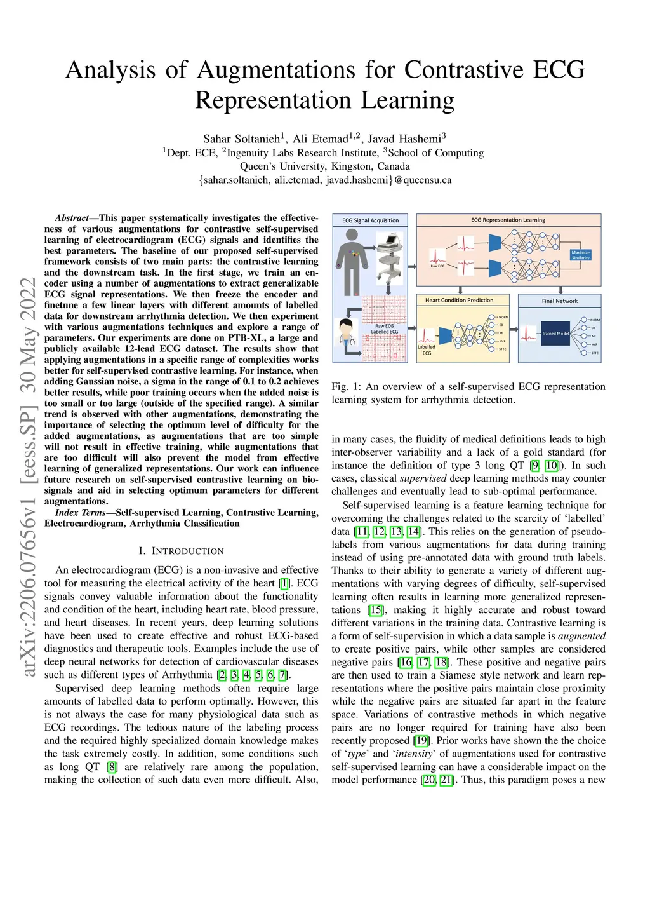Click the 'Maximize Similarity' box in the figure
pyautogui.click(x=580, y=255)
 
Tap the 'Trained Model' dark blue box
pyautogui.click(x=555, y=334)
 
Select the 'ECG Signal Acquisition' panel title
pyautogui.click(x=371, y=220)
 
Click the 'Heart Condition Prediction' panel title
pyautogui.click(x=459, y=300)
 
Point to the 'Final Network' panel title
pyautogui.click(x=559, y=301)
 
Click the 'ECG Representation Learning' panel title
pyautogui.click(x=508, y=220)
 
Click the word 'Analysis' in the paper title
pyautogui.click(x=110, y=70)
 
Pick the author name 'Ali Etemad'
pyautogui.click(x=321, y=139)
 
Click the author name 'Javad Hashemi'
pyautogui.click(x=404, y=139)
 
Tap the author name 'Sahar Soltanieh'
pyautogui.click(x=242, y=139)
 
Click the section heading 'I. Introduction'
pyautogui.click(x=181, y=551)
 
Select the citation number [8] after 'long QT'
pyautogui.click(x=112, y=767)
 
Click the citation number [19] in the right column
pyautogui.click(x=421, y=741)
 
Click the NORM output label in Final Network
pyautogui.click(x=595, y=320)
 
